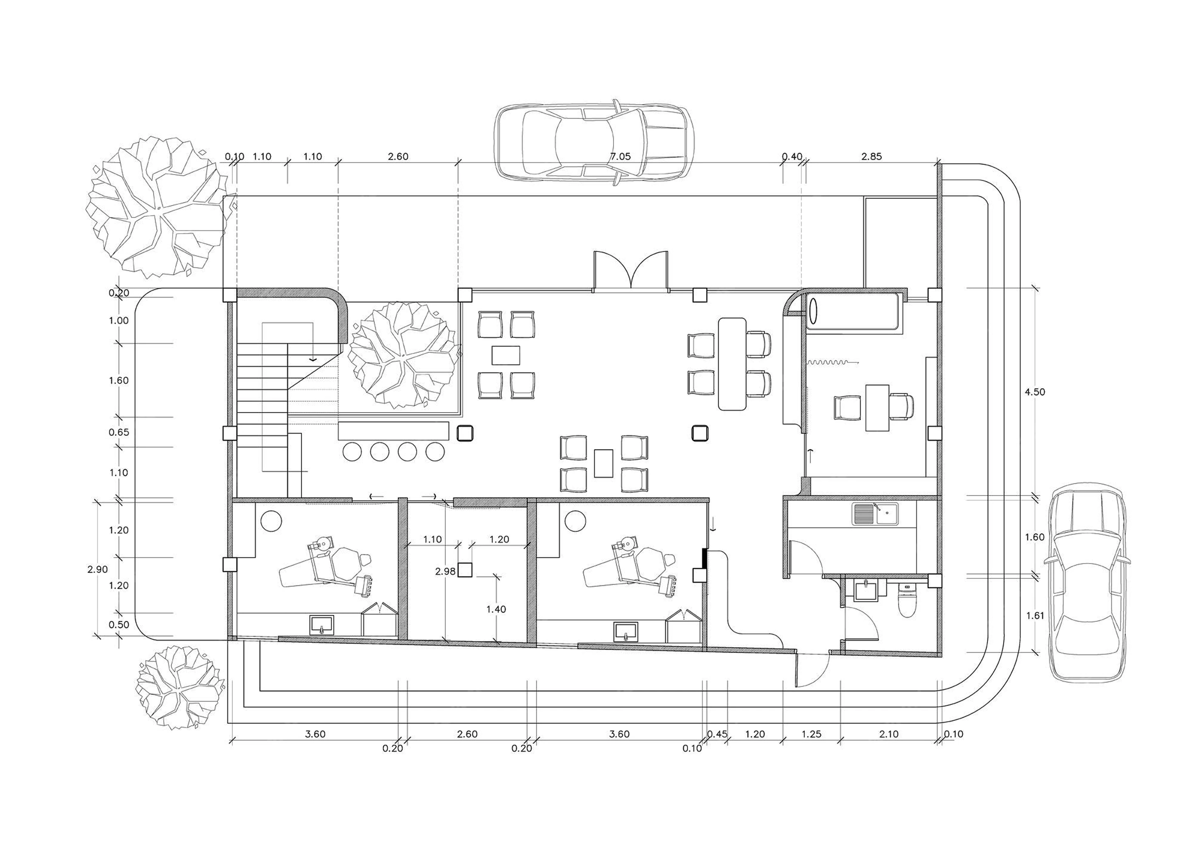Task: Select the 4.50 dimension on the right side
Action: click(x=1034, y=392)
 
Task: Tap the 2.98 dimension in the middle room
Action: click(x=445, y=571)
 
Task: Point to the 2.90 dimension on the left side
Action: click(x=98, y=569)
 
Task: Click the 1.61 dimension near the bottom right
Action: click(x=1034, y=615)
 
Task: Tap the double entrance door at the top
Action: click(x=631, y=270)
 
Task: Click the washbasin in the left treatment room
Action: click(x=323, y=625)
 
